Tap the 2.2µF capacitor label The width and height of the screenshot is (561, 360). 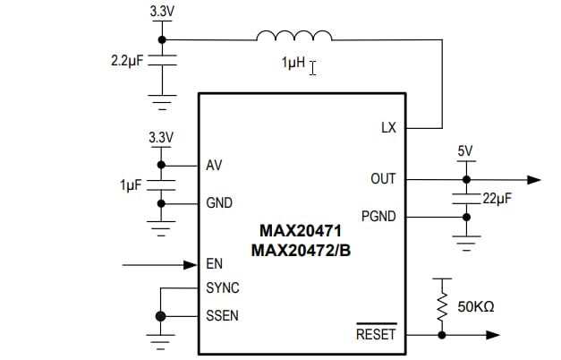pos(127,64)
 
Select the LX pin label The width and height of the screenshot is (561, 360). pos(387,128)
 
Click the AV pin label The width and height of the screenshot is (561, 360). pos(214,166)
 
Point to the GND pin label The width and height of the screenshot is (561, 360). pos(219,203)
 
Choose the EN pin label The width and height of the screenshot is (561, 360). pos(214,264)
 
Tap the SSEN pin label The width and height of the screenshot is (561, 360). pos(223,316)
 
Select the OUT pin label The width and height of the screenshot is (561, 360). pos(382,179)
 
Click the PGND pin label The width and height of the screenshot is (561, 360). pos(378,216)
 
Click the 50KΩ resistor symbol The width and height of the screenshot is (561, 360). pos(442,304)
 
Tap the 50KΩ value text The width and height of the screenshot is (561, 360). pos(476,306)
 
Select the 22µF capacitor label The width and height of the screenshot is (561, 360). pos(497,199)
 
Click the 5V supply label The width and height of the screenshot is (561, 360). pos(464,151)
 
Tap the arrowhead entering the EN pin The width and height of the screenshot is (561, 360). pos(190,264)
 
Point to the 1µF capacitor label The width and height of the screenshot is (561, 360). pos(132,184)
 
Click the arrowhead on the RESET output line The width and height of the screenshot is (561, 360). pos(492,336)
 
